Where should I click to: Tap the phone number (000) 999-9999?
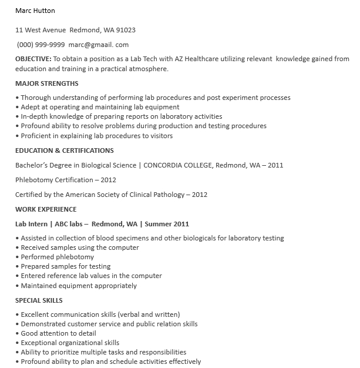[41, 45]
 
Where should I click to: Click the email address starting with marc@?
[99, 45]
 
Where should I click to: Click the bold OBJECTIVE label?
[33, 59]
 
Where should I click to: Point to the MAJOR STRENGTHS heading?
[47, 83]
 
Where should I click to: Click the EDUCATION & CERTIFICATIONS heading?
[65, 150]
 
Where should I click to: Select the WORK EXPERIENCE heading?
[46, 209]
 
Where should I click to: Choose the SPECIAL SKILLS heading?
[39, 300]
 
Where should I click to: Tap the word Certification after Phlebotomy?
[75, 180]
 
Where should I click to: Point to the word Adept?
[30, 107]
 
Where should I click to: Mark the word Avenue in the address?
[54, 30]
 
